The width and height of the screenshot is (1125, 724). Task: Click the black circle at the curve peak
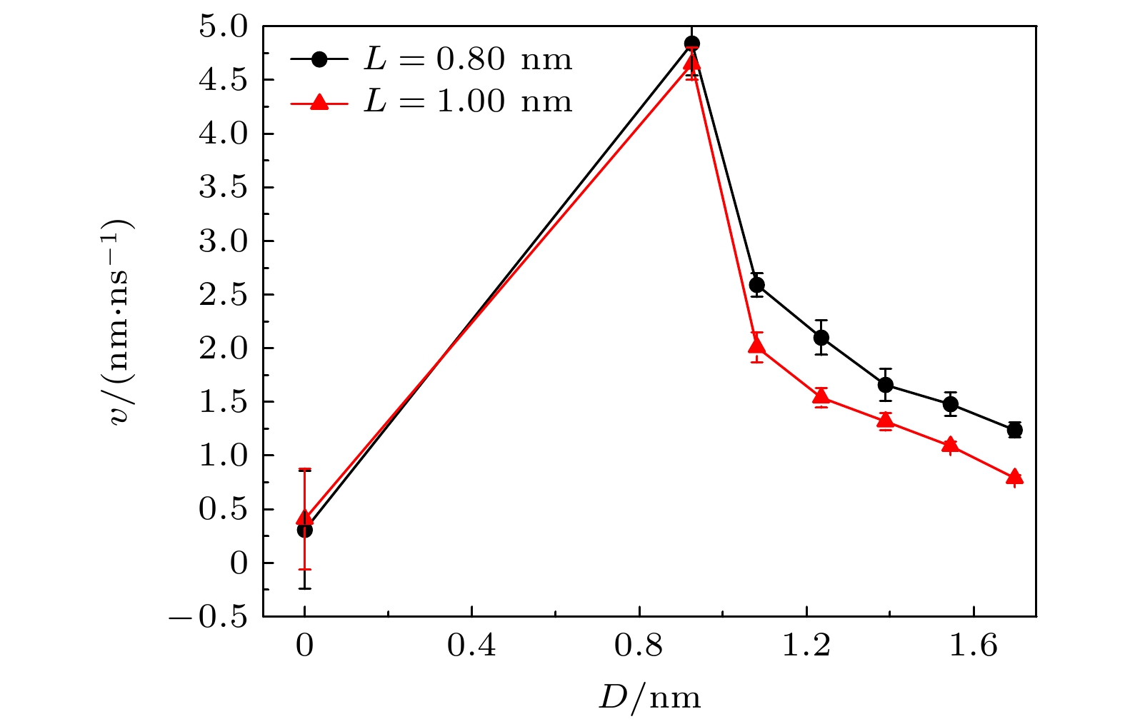[x=691, y=44]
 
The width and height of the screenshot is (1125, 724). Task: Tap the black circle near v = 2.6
[x=757, y=285]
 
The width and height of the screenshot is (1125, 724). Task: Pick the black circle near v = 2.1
[x=821, y=337]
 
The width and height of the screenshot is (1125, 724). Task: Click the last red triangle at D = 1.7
[x=1014, y=478]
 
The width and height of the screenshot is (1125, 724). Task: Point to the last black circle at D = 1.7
[x=1014, y=430]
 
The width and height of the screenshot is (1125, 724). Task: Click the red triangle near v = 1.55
[x=821, y=397]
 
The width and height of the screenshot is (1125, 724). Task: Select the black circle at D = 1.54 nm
[x=950, y=404]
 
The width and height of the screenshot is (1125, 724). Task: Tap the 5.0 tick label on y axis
[x=223, y=27]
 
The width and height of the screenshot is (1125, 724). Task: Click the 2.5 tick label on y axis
[x=223, y=295]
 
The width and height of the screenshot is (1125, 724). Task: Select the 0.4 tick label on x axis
[x=471, y=646]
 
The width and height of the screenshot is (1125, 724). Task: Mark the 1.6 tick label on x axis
[x=974, y=646]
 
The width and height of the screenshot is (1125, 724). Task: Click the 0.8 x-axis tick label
[x=639, y=646]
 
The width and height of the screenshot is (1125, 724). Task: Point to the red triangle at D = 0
[x=305, y=518]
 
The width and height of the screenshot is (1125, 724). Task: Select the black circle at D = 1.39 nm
[x=886, y=385]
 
